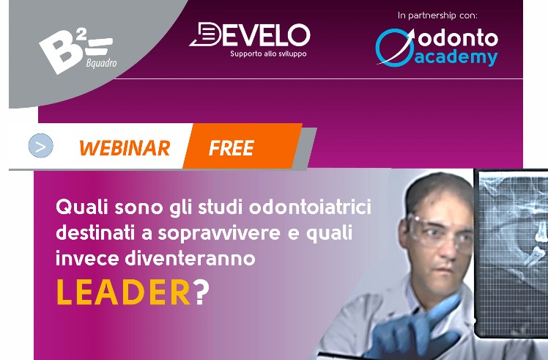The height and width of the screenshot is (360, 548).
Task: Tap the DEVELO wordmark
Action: pyautogui.click(x=250, y=34)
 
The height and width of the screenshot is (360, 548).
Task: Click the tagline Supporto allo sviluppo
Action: pyautogui.click(x=268, y=54)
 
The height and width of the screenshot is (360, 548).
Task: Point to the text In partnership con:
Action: pyautogui.click(x=437, y=15)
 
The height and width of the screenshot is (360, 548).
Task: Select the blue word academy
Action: pyautogui.click(x=456, y=58)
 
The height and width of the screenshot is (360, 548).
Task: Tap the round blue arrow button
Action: pyautogui.click(x=40, y=145)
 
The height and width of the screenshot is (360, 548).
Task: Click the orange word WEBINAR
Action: pyautogui.click(x=125, y=147)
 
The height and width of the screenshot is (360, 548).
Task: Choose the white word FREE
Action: pyautogui.click(x=232, y=148)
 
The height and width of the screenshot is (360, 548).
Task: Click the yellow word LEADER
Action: pyautogui.click(x=123, y=293)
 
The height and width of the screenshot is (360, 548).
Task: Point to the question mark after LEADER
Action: pyautogui.click(x=201, y=293)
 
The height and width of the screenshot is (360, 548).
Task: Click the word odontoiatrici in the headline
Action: pyautogui.click(x=310, y=207)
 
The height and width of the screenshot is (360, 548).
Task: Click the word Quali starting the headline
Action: pyautogui.click(x=82, y=207)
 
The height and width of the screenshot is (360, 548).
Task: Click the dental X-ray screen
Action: pyautogui.click(x=511, y=253)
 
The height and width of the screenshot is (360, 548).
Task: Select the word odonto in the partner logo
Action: pyautogui.click(x=458, y=38)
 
